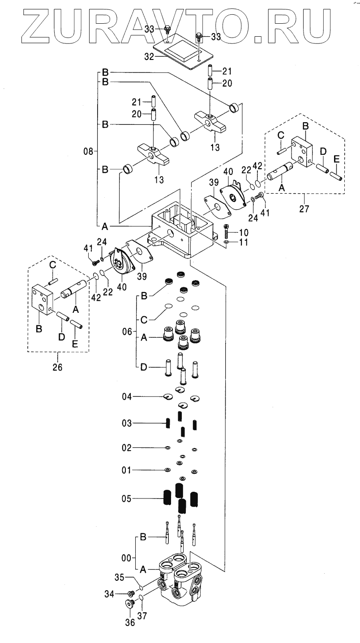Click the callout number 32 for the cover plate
pyautogui.click(x=149, y=56)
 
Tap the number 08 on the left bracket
pyautogui.click(x=89, y=151)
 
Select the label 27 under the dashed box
pyautogui.click(x=304, y=209)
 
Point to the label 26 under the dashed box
pyautogui.click(x=57, y=367)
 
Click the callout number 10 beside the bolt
pyautogui.click(x=244, y=232)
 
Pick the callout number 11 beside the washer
pyautogui.click(x=243, y=242)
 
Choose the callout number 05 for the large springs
pyautogui.click(x=126, y=498)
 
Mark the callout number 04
pyautogui.click(x=127, y=397)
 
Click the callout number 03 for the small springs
pyautogui.click(x=126, y=423)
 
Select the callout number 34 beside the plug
pyautogui.click(x=109, y=594)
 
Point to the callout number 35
pyautogui.click(x=120, y=577)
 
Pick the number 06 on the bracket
pyautogui.click(x=127, y=332)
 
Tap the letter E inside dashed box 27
pyautogui.click(x=336, y=159)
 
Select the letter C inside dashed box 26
pyautogui.click(x=53, y=265)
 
